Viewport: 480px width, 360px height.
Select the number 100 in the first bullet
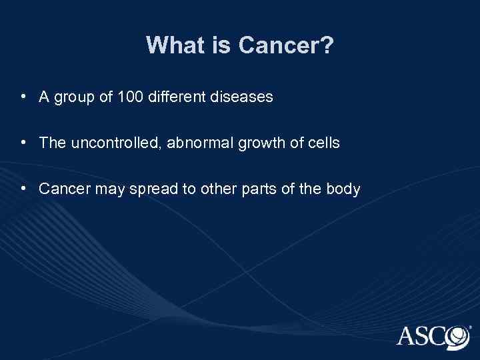(129, 97)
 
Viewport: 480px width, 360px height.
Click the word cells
(323, 143)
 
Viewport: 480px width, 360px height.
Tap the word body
(343, 189)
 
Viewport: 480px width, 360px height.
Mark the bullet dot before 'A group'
(23, 97)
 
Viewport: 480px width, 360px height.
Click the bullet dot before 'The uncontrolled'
(23, 143)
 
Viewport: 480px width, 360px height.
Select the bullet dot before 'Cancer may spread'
(23, 189)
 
